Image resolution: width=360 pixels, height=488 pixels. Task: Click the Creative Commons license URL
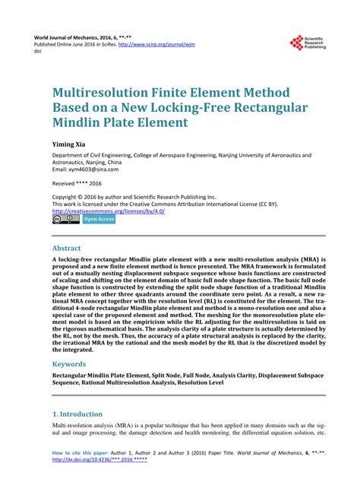[109, 211]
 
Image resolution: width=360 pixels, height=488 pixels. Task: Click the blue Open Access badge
[99, 220]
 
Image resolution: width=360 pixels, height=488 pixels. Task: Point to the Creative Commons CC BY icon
[65, 220]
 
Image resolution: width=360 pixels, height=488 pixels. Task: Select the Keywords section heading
[73, 364]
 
